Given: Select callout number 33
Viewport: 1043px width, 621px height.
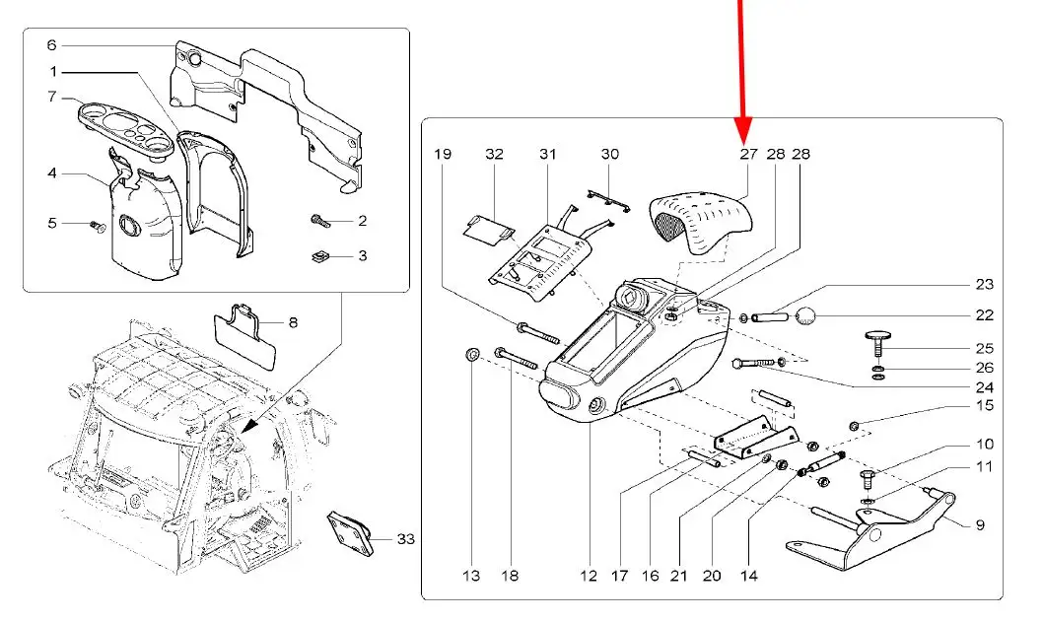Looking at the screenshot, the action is pos(406,538).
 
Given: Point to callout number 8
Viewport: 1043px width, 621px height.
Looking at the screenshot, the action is pos(293,322).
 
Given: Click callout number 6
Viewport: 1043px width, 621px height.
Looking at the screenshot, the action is pos(52,45).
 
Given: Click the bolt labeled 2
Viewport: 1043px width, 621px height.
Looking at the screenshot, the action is pos(320,221).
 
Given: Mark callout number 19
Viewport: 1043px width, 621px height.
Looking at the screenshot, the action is pos(443,154).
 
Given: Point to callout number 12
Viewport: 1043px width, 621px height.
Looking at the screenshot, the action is pos(589,576).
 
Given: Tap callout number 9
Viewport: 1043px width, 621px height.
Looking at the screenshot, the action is pos(980,525).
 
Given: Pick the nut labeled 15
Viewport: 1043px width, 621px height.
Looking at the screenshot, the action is pos(855,426).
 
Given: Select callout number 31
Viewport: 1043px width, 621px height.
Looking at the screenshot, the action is pos(547,154).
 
